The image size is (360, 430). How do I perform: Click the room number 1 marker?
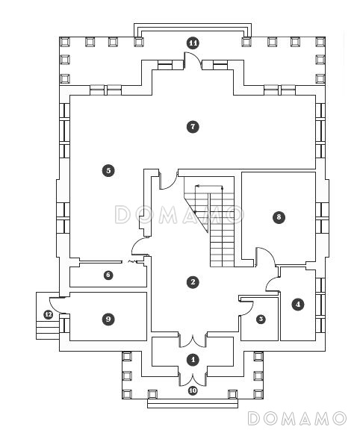click(x=193, y=359)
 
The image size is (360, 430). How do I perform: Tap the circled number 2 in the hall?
click(x=193, y=282)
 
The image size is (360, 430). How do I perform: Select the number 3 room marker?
click(x=261, y=319)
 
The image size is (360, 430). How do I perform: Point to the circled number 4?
click(x=298, y=304)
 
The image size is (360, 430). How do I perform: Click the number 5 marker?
click(x=108, y=170)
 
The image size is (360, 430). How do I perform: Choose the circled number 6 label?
click(x=108, y=275)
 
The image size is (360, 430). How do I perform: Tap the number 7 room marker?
click(x=193, y=127)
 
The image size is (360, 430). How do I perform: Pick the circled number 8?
click(x=279, y=217)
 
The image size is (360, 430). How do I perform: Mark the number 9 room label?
click(x=108, y=319)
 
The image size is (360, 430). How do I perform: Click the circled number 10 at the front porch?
click(x=193, y=390)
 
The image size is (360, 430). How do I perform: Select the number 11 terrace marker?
click(x=193, y=43)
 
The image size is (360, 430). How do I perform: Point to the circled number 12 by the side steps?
click(x=49, y=314)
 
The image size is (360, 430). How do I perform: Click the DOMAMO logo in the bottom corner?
click(x=297, y=419)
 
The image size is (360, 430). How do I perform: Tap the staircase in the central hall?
click(x=209, y=222)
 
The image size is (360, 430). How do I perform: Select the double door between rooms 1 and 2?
click(x=193, y=341)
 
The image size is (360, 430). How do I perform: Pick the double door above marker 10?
click(x=193, y=379)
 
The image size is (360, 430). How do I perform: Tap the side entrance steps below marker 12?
click(x=48, y=331)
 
